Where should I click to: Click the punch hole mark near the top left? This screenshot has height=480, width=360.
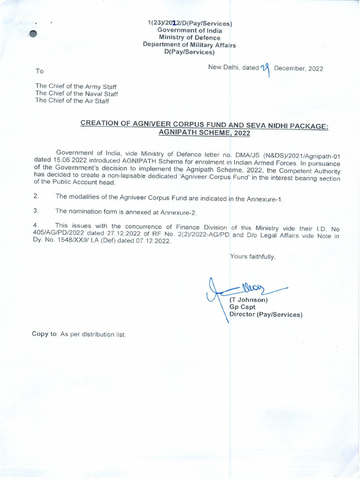coord(33,34)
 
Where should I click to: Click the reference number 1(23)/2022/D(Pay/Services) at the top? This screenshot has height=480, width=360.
coord(190,23)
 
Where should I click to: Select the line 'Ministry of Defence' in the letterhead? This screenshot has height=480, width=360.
coord(189,37)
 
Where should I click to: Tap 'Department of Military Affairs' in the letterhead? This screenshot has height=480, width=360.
coord(189,45)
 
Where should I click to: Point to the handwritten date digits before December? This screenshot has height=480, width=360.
coord(266,69)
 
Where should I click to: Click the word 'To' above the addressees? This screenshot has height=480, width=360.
coord(39,71)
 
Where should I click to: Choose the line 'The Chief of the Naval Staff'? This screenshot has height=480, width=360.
coord(77,93)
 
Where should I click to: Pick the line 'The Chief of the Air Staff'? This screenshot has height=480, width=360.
coord(73,100)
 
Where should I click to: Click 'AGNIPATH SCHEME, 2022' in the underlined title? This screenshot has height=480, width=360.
coord(205,133)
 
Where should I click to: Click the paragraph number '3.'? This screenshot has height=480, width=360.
coord(36,211)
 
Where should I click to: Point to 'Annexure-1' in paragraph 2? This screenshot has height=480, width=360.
coord(266,199)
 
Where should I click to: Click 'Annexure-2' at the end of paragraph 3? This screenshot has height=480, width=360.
coord(178,212)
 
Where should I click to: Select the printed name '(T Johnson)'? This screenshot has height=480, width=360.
coord(248,300)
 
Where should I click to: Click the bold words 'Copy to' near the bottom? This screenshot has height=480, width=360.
coord(45,334)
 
